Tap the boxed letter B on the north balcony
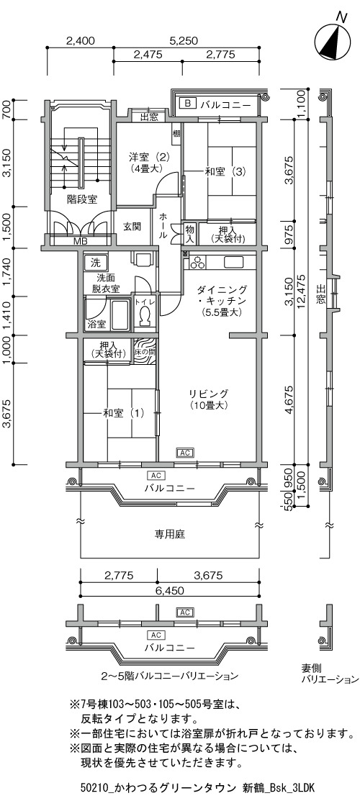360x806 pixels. point(187,104)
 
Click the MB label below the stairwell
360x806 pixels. point(80,241)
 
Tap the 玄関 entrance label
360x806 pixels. point(132,226)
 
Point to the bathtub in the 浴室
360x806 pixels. point(120,314)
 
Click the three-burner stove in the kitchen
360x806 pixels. point(197,262)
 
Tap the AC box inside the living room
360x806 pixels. point(184,453)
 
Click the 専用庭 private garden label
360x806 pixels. point(170,534)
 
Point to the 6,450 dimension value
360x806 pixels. point(170,591)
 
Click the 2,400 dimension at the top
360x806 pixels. point(81,41)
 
